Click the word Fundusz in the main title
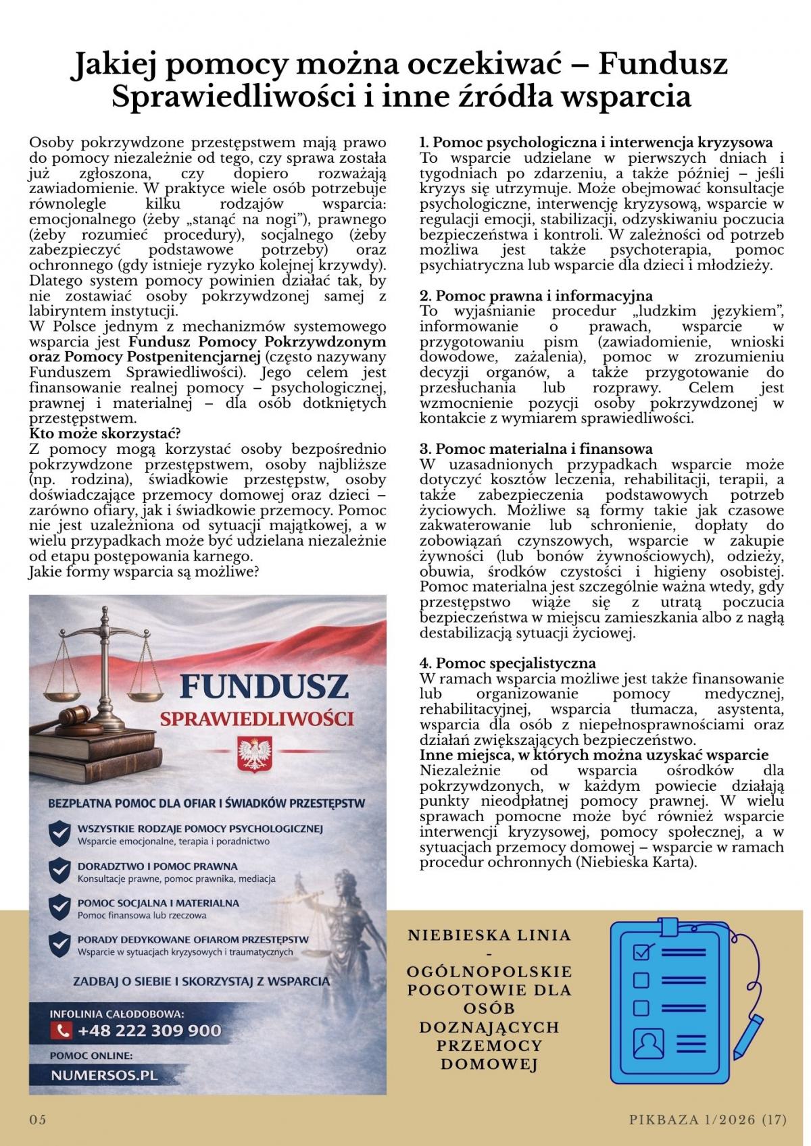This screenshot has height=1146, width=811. click(x=663, y=64)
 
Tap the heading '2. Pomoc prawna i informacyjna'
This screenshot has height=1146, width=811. click(x=536, y=296)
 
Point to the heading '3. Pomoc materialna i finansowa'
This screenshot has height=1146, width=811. click(x=537, y=449)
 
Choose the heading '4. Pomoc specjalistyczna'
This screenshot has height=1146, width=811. click(x=508, y=663)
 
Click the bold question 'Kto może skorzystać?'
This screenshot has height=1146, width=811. click(x=105, y=434)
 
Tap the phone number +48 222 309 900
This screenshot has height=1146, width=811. click(x=149, y=1031)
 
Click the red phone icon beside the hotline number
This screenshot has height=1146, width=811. click(x=62, y=1031)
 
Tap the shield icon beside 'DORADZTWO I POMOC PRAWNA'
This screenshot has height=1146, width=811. click(x=61, y=870)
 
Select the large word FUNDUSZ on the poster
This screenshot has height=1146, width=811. click(x=264, y=687)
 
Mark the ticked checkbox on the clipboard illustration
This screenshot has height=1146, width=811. click(x=641, y=952)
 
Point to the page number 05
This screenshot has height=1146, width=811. click(x=38, y=1120)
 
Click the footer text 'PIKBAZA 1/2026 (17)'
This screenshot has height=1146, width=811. click(x=708, y=1120)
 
